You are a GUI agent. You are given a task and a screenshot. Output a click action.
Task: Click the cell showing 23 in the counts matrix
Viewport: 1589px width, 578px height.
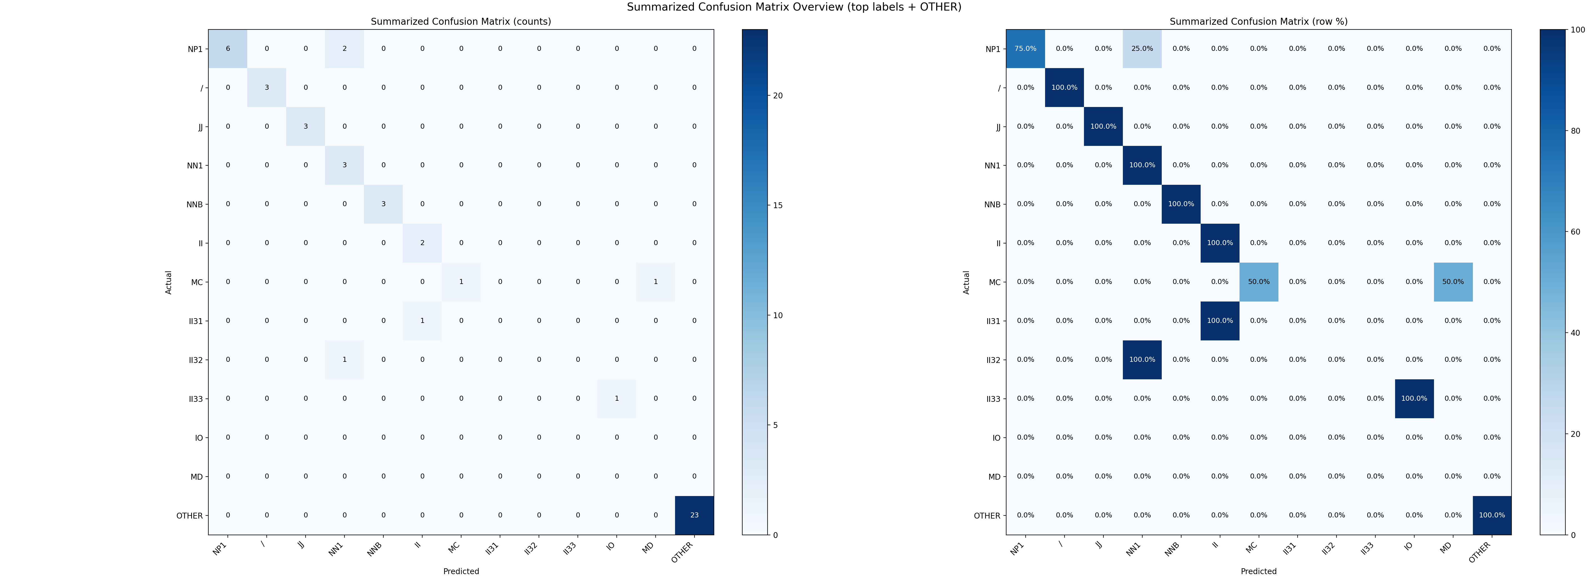pyautogui.click(x=694, y=515)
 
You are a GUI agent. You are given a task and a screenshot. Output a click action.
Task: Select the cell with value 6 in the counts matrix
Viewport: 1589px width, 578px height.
pyautogui.click(x=228, y=49)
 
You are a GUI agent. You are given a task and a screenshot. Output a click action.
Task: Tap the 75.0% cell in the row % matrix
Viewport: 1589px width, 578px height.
pyautogui.click(x=1025, y=49)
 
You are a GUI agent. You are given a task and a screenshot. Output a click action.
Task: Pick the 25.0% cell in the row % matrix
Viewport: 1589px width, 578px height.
pyautogui.click(x=1142, y=49)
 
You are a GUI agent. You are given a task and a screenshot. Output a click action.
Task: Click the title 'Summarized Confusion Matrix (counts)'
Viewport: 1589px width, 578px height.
pyautogui.click(x=461, y=22)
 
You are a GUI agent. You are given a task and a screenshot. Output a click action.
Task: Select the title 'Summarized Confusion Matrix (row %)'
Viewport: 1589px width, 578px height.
pyautogui.click(x=1258, y=22)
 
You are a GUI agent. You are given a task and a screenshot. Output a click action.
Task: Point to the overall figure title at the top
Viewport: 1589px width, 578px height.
pyautogui.click(x=794, y=8)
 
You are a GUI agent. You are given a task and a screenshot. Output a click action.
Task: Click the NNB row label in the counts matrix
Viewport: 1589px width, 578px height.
pyautogui.click(x=195, y=204)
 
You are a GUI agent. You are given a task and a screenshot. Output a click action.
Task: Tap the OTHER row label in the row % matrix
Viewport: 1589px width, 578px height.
pyautogui.click(x=987, y=516)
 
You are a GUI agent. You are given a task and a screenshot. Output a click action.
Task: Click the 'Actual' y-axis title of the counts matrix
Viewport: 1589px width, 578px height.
pyautogui.click(x=168, y=282)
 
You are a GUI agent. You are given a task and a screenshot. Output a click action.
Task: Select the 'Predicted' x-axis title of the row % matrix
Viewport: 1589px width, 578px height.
pyautogui.click(x=1258, y=571)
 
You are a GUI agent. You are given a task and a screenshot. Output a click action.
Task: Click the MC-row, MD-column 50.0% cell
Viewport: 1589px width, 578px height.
pyautogui.click(x=1453, y=282)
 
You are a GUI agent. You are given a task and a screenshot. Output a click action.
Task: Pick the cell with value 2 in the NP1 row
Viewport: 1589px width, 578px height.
pyautogui.click(x=344, y=49)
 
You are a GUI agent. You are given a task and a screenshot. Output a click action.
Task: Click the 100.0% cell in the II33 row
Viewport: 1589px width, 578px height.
pyautogui.click(x=1414, y=398)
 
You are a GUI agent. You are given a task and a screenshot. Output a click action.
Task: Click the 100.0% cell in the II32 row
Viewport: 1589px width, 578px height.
pyautogui.click(x=1142, y=360)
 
